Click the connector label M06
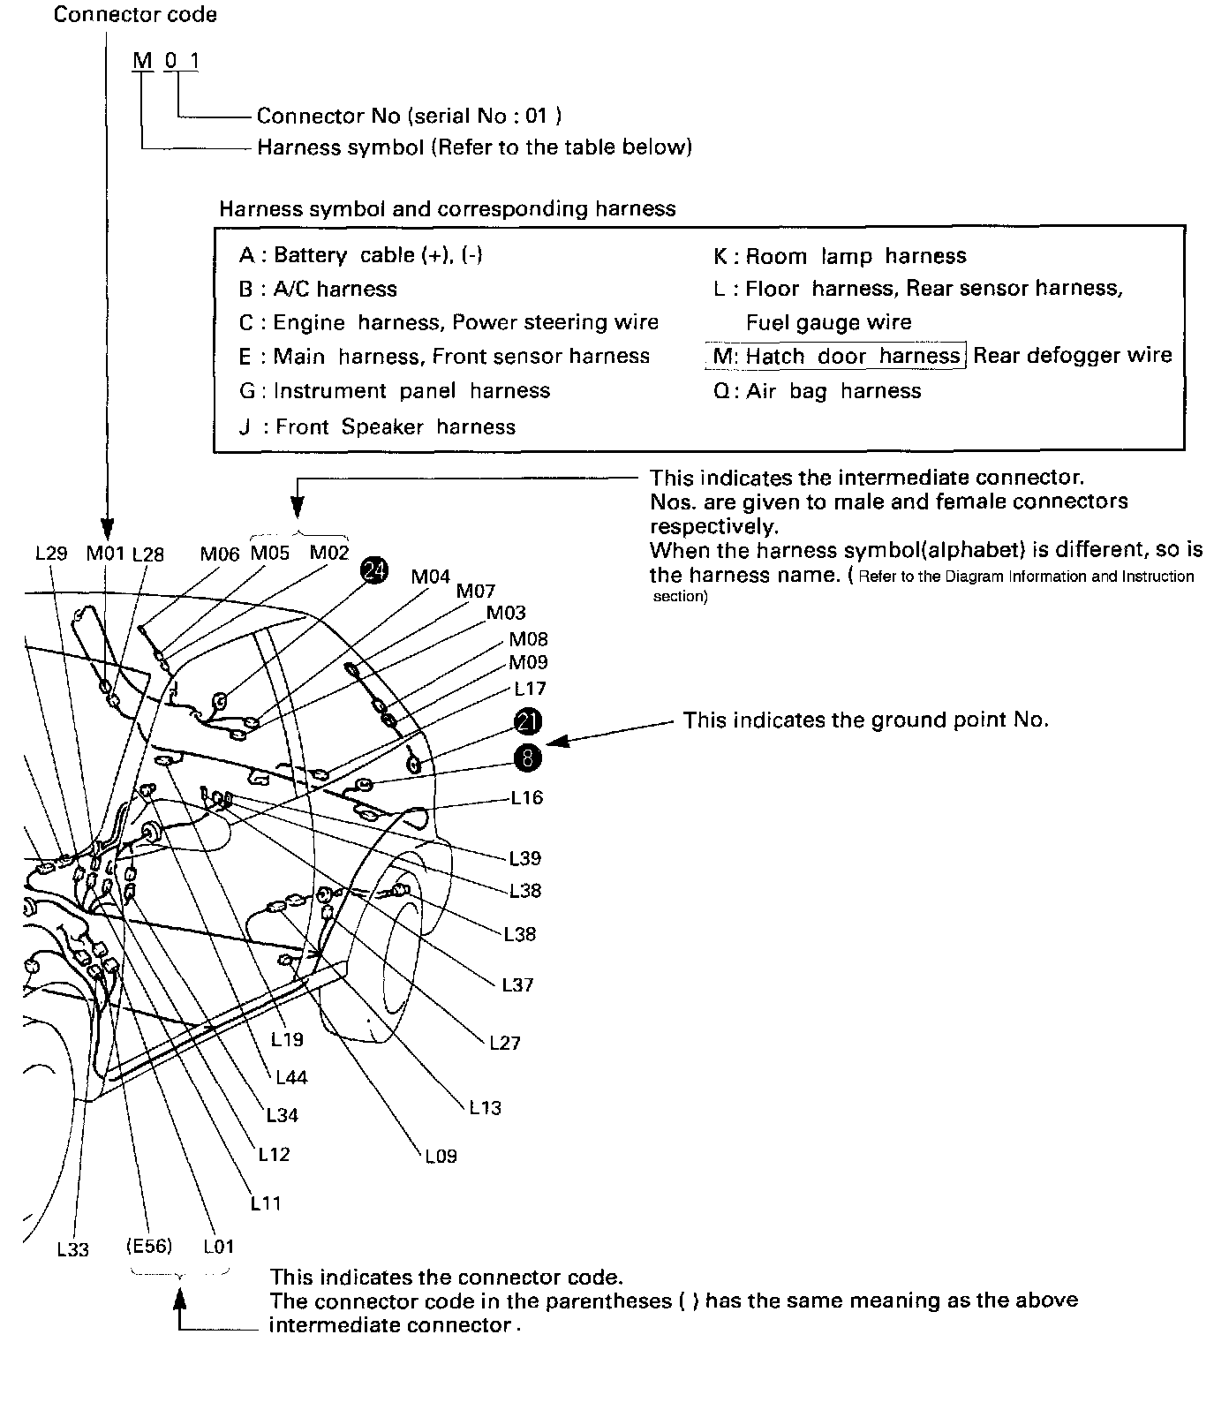coord(220,554)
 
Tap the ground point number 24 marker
coord(374,571)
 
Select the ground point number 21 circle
coord(528,721)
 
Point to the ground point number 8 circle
coord(528,757)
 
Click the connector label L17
coord(530,689)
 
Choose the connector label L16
coord(527,797)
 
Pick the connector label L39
coord(525,858)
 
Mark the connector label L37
coord(517,984)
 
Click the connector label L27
coord(505,1043)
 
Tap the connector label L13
coord(485,1107)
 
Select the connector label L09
coord(441,1156)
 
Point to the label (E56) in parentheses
coord(148,1247)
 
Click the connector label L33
coord(73,1249)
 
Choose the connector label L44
coord(291,1077)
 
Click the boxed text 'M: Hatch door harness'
coord(836,356)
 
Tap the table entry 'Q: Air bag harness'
coord(818,391)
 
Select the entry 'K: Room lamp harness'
coord(840,256)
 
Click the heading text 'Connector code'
coord(135,15)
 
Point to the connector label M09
coord(528,662)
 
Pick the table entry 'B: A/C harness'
coord(318,289)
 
